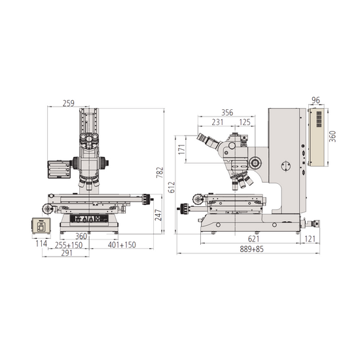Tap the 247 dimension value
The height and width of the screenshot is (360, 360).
pyautogui.click(x=157, y=215)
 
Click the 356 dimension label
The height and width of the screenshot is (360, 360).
pyautogui.click(x=228, y=112)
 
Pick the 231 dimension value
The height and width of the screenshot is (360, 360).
pyautogui.click(x=218, y=122)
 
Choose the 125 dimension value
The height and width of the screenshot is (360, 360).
pyautogui.click(x=245, y=122)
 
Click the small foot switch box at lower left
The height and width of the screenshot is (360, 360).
pyautogui.click(x=41, y=226)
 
